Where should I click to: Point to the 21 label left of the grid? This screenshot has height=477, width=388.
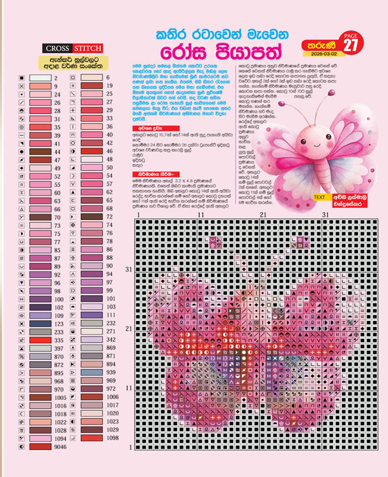129,329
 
